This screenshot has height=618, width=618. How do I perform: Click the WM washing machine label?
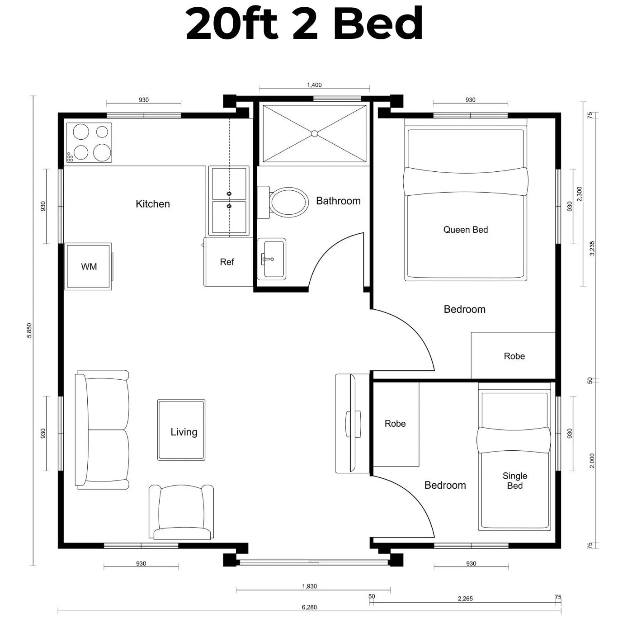pyautogui.click(x=89, y=267)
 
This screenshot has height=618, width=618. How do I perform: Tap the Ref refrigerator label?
pyautogui.click(x=227, y=262)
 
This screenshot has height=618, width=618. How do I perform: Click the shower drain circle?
pyautogui.click(x=315, y=133)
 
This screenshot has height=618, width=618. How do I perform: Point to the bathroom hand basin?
pyautogui.click(x=271, y=259)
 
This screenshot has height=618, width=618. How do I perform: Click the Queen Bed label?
pyautogui.click(x=466, y=230)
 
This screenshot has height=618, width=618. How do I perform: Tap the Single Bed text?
pyautogui.click(x=515, y=481)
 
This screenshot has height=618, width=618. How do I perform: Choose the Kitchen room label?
pyautogui.click(x=153, y=204)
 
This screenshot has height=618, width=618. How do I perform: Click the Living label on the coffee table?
pyautogui.click(x=184, y=432)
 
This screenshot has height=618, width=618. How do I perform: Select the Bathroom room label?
pyautogui.click(x=338, y=201)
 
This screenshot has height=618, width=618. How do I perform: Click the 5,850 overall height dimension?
pyautogui.click(x=29, y=330)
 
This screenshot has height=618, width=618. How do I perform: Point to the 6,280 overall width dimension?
pyautogui.click(x=309, y=607)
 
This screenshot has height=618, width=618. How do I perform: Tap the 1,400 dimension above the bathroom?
pyautogui.click(x=314, y=85)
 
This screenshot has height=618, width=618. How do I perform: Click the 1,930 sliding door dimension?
pyautogui.click(x=310, y=586)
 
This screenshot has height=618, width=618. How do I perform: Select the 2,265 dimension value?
pyautogui.click(x=465, y=599)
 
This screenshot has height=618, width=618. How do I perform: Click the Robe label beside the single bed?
pyautogui.click(x=395, y=424)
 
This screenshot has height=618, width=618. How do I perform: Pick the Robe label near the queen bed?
pyautogui.click(x=514, y=356)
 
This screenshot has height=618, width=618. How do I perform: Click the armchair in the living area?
pyautogui.click(x=182, y=511)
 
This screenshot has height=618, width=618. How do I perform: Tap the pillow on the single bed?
pyautogui.click(x=514, y=440)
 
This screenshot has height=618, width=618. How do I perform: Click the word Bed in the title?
pyautogui.click(x=378, y=23)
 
